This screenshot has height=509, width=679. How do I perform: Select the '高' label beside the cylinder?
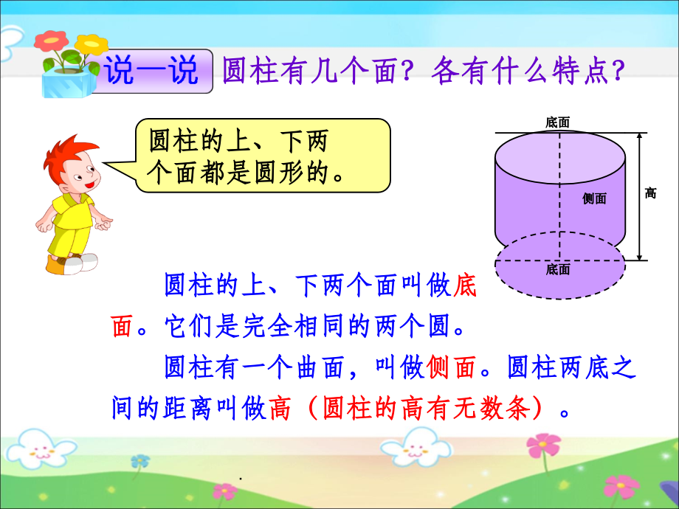tap(650, 193)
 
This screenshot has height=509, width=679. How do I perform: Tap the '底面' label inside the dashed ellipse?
tap(558, 270)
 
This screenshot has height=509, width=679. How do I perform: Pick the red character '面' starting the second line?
tap(123, 327)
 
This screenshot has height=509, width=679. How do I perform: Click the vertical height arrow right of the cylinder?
tap(638, 196)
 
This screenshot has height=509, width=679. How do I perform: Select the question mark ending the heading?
tap(618, 72)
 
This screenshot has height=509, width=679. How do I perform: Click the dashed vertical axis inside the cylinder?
tap(558, 199)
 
